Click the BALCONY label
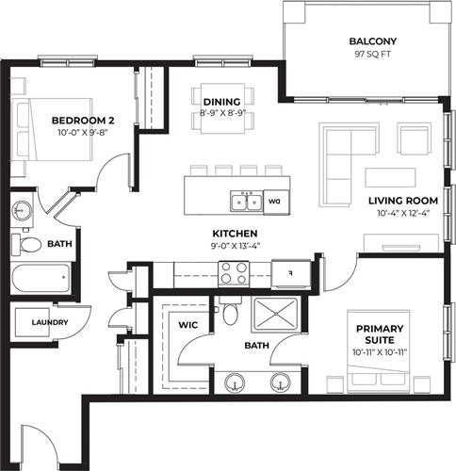click(x=373, y=41)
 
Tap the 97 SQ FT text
click(x=373, y=54)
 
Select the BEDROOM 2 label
click(x=83, y=121)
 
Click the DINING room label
click(x=222, y=102)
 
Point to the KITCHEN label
click(x=236, y=234)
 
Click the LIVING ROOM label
click(x=403, y=201)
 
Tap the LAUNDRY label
click(x=50, y=322)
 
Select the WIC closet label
click(x=188, y=325)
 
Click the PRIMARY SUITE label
click(x=380, y=334)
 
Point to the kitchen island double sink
click(x=247, y=202)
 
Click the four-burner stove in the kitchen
click(x=234, y=273)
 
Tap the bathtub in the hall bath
click(x=41, y=278)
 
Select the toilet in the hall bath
click(x=26, y=245)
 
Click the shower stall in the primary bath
click(x=276, y=314)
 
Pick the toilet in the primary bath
click(x=230, y=311)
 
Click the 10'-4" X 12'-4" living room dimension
click(x=403, y=214)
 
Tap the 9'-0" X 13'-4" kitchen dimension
click(x=236, y=246)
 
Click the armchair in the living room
click(x=414, y=138)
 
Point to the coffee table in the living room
click(x=390, y=178)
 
